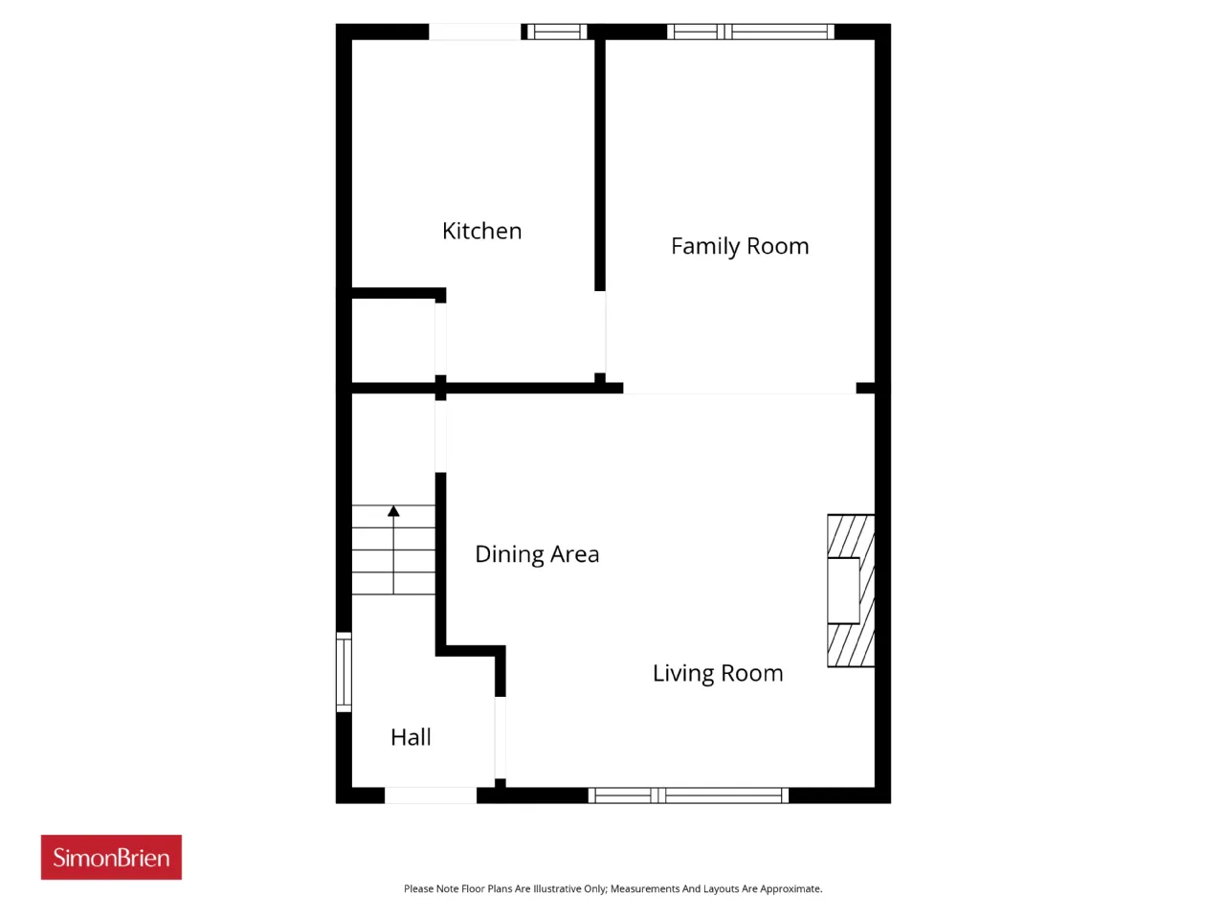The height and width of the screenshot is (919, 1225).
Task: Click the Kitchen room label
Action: coord(481,231)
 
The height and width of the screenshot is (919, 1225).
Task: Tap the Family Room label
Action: coord(740,246)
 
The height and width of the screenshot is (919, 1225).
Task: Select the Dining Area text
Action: coord(537,554)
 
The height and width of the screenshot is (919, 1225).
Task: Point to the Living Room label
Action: coord(718,674)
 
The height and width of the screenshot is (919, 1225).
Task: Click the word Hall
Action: coord(411,737)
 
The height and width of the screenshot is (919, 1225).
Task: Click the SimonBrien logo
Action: coord(111,857)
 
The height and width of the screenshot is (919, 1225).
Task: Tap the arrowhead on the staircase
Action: coord(393,510)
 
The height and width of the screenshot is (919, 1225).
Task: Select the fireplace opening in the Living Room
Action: coord(843,591)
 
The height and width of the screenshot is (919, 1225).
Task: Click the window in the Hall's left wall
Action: coord(344,672)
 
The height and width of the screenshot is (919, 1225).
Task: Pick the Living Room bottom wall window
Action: coord(688,796)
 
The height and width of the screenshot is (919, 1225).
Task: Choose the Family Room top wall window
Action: coord(750,32)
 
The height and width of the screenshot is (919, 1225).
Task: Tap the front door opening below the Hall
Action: coord(431,796)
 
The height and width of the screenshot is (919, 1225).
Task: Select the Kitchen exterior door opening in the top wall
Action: coord(475,32)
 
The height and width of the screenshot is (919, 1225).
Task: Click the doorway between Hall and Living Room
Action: coord(500,738)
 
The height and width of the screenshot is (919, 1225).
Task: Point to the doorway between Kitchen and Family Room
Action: coord(600,332)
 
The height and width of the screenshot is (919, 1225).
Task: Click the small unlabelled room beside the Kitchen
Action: coord(393,341)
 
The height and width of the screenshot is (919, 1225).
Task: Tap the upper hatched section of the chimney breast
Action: coord(851,536)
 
